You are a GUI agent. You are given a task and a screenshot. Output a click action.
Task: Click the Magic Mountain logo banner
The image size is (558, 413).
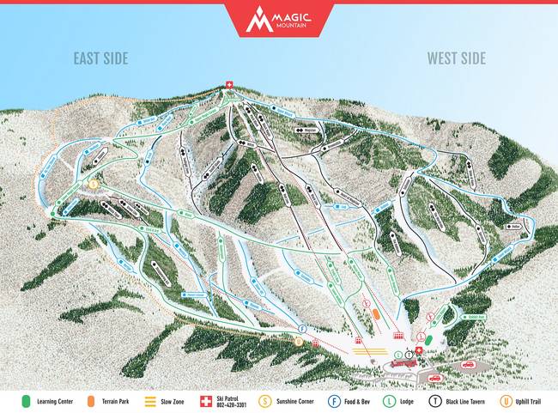pyautogui.click(x=278, y=18)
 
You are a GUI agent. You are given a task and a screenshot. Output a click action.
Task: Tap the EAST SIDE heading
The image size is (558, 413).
pyautogui.click(x=100, y=58)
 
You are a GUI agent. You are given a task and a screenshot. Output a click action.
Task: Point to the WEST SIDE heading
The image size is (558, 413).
pyautogui.click(x=457, y=58)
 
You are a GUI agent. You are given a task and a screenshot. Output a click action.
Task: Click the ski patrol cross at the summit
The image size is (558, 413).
pyautogui.click(x=228, y=83)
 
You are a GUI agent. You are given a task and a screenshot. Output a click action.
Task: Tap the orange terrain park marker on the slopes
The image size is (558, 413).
pyautogui.click(x=377, y=314)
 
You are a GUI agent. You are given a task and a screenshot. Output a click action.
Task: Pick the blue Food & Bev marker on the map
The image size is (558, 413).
pyautogui.click(x=302, y=328)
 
